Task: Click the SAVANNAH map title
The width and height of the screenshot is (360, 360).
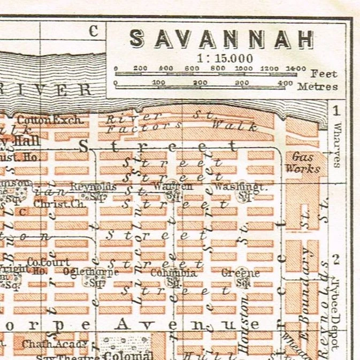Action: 221,39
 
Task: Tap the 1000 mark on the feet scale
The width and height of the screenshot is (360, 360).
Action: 243,68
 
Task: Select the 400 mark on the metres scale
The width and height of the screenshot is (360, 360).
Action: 285,83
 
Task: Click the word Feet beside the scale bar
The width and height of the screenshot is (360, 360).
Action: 324,74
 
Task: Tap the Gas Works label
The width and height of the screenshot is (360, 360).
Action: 305,163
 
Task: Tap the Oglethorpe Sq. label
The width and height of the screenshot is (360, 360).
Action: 90,275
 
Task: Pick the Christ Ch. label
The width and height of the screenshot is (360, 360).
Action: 52,204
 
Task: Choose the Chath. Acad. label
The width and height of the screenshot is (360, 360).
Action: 47,344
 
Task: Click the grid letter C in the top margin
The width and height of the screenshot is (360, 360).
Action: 94,32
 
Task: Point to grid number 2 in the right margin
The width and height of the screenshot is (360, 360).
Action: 336,260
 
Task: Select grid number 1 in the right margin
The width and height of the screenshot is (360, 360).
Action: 336,111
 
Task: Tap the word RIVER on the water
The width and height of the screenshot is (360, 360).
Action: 48,90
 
